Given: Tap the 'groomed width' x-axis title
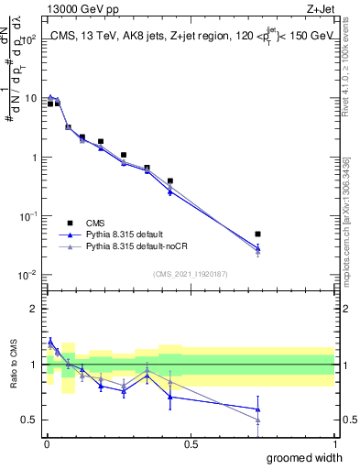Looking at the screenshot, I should pos(294,457).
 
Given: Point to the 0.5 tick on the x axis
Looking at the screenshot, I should pos(191,443).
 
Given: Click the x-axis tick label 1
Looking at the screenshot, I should pos(334,443).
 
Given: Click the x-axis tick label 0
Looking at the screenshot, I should pos(47,443).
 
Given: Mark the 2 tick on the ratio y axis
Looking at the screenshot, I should pos(35,309).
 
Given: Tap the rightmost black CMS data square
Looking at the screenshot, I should pos(258,234).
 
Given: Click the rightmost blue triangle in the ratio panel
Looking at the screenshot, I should pos(258,409).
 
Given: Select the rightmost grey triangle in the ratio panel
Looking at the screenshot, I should pos(258,420).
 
